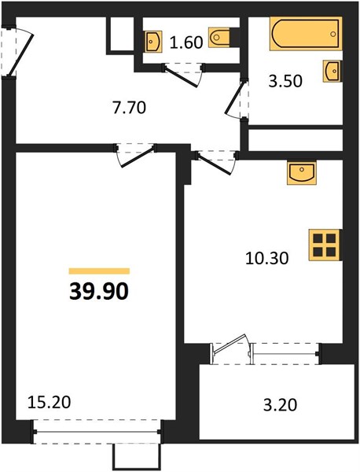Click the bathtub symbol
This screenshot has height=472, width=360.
(x=306, y=34)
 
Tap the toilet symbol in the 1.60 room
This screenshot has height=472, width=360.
(x=219, y=38)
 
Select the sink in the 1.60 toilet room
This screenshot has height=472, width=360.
(x=152, y=41)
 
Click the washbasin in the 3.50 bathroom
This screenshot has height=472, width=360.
(x=332, y=71)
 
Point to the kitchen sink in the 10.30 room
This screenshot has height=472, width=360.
(x=302, y=173)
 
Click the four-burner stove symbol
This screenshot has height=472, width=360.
(x=325, y=245)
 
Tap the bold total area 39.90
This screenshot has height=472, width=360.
(x=99, y=292)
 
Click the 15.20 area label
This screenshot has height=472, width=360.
(x=49, y=402)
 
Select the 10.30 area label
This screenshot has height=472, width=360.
(x=267, y=258)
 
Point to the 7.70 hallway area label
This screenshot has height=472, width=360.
(x=129, y=108)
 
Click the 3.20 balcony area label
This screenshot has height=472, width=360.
(x=280, y=404)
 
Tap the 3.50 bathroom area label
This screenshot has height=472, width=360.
(x=285, y=81)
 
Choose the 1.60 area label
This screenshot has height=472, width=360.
(x=186, y=42)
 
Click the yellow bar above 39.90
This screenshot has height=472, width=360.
(x=99, y=271)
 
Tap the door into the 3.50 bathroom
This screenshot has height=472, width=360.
(x=235, y=98)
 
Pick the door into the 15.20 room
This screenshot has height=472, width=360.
(x=137, y=157)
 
